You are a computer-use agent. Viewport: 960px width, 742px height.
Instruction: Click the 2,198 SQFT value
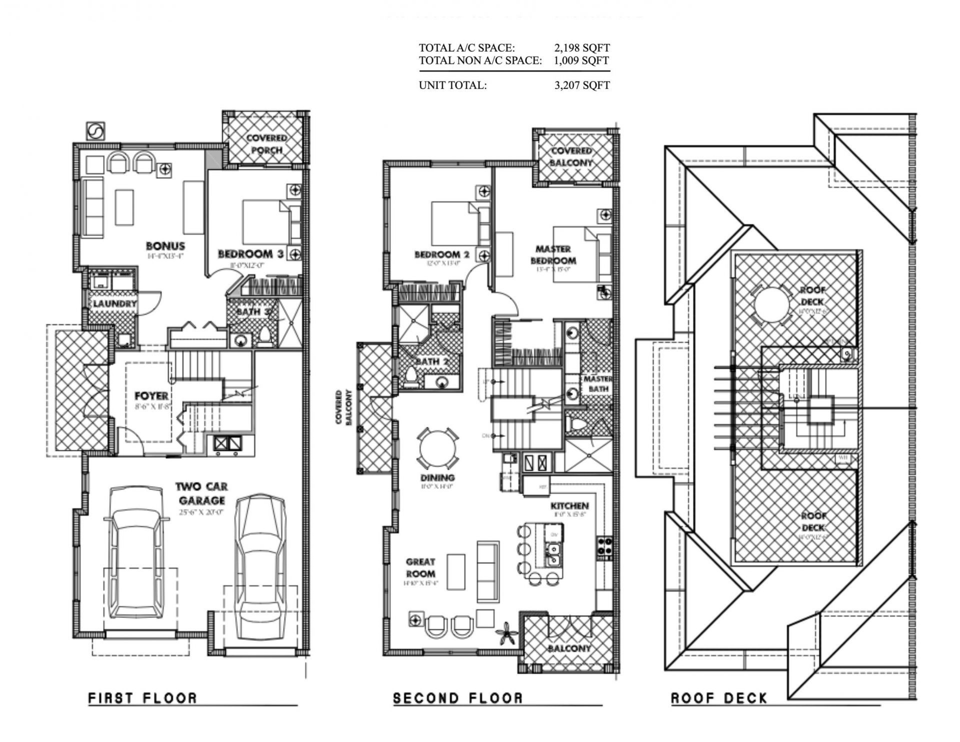pos(581,48)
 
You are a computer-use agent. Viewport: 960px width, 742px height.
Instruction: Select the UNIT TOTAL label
pos(452,85)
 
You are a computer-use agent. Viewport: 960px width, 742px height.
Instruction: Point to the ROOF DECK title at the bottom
pos(719,698)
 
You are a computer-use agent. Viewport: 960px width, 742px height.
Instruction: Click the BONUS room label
pos(165,245)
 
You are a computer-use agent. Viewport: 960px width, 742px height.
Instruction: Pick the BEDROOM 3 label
pos(250,254)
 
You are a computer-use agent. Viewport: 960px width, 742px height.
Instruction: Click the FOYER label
pos(151,395)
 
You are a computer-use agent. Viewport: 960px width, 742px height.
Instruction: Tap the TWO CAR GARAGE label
pos(202,493)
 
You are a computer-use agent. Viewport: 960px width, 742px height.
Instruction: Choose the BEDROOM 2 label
pos(441,254)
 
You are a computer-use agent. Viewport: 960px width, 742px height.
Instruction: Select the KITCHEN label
pos(570,506)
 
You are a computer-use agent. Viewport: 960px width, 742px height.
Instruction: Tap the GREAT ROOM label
pos(420,567)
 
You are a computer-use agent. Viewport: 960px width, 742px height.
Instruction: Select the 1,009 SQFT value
pos(581,60)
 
